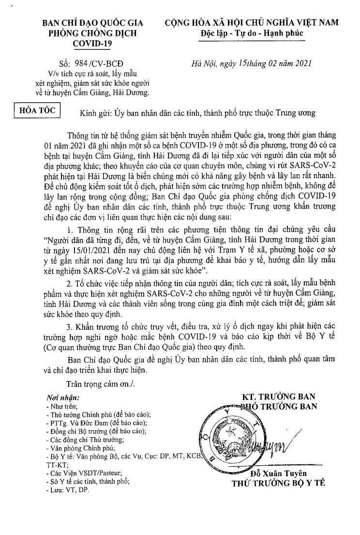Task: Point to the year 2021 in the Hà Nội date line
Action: point(295,62)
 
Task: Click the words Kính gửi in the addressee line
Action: point(95,113)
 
